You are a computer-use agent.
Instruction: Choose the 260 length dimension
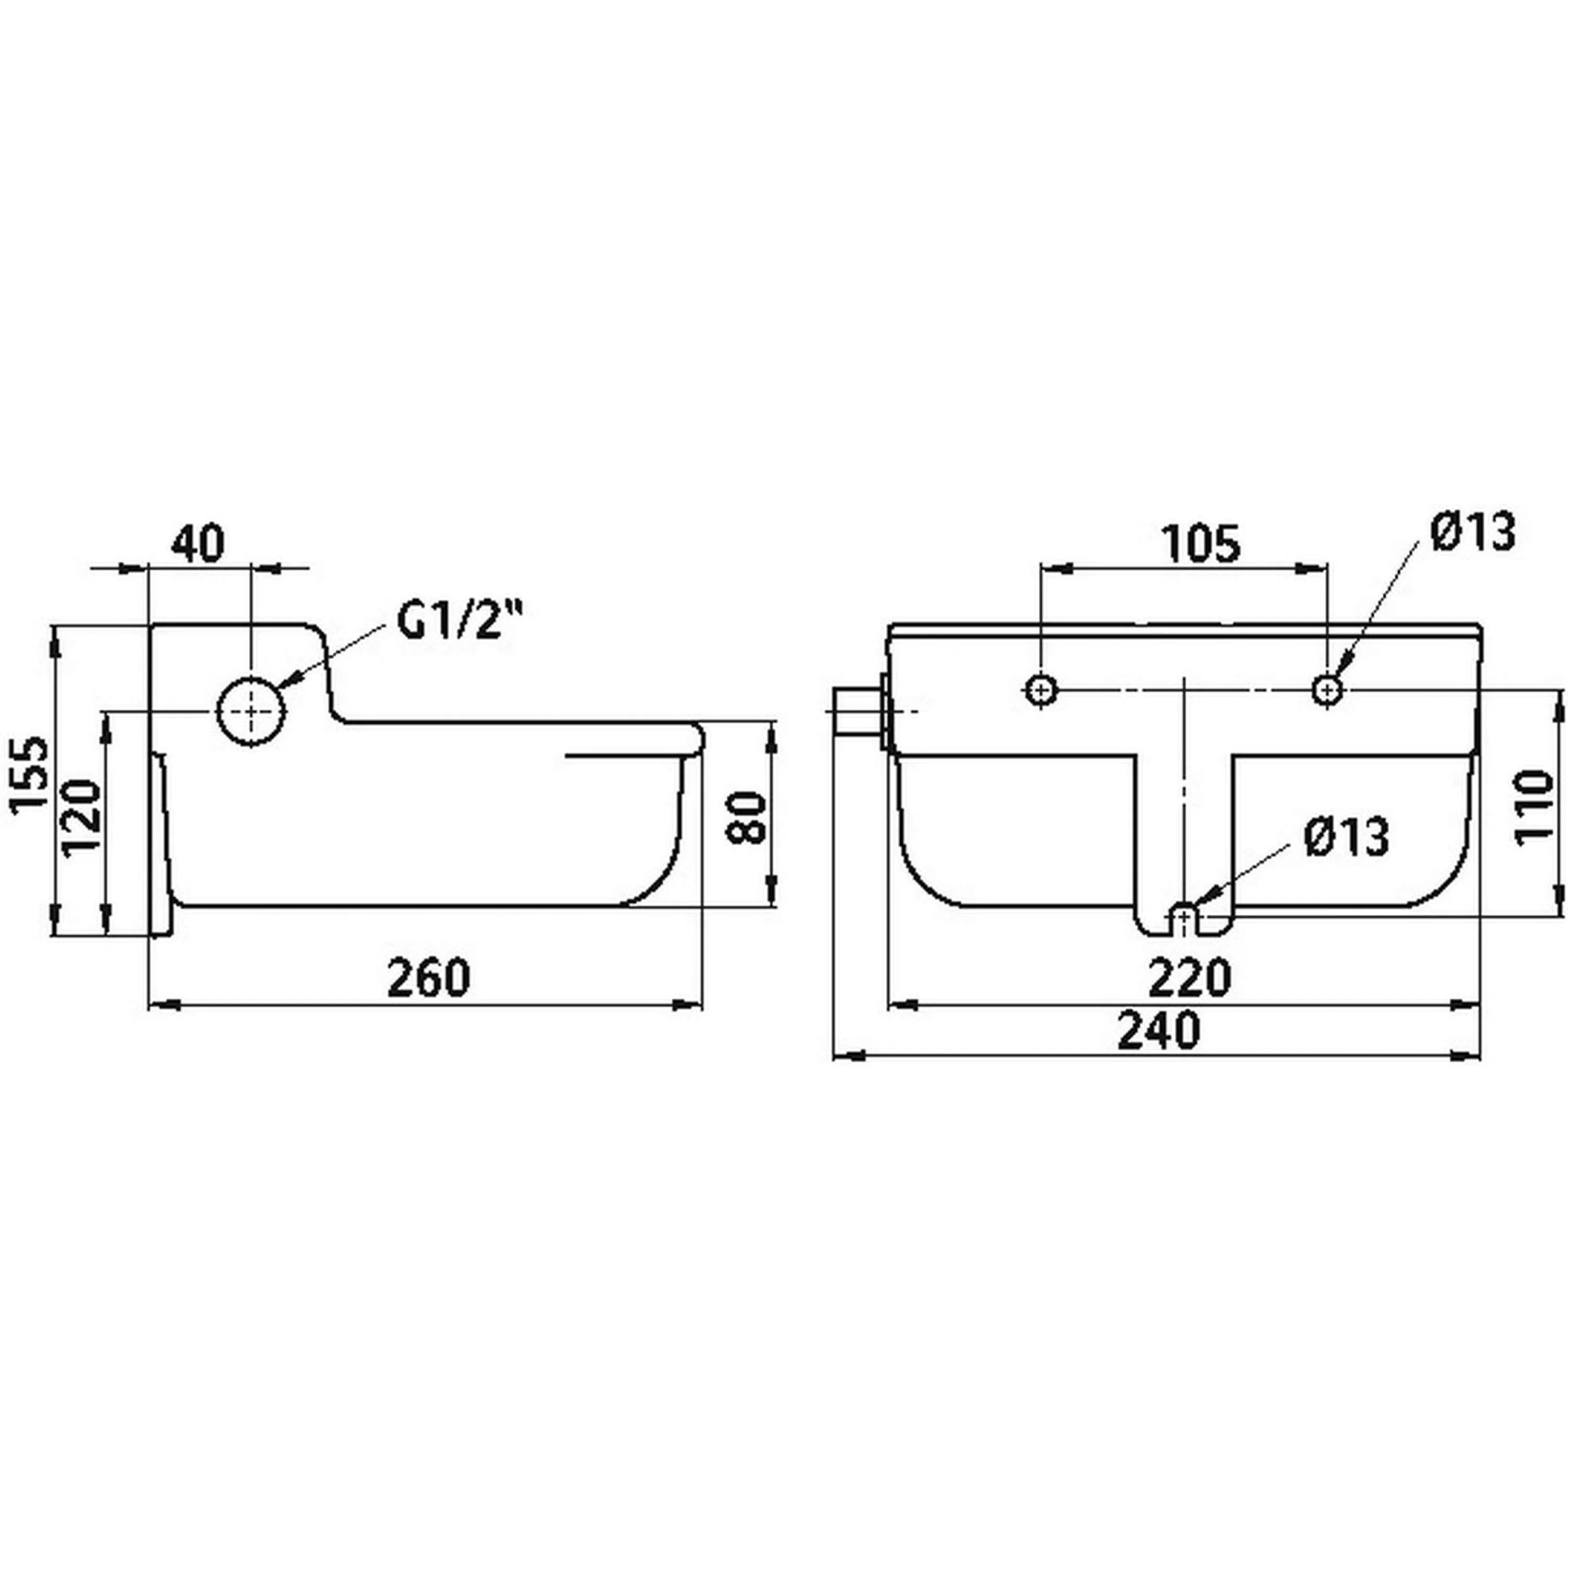(428, 978)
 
